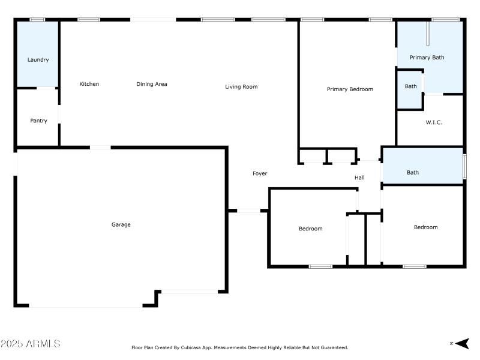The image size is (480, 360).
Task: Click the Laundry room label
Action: [38, 60]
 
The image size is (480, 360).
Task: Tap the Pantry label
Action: [38, 121]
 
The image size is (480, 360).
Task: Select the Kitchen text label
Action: [89, 84]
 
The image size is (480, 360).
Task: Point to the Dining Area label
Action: [152, 84]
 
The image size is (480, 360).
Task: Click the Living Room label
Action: [241, 87]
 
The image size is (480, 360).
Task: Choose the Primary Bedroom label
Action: [350, 89]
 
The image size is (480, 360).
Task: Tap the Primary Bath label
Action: [427, 58]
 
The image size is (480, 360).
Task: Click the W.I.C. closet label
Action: [434, 122]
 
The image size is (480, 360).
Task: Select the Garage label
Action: [121, 225]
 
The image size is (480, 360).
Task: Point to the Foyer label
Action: [259, 173]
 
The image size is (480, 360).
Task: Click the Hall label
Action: [359, 178]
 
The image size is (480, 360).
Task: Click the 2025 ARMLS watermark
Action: [30, 344]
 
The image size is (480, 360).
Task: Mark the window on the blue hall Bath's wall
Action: [464, 166]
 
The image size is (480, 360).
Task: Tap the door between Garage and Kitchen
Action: [100, 147]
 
